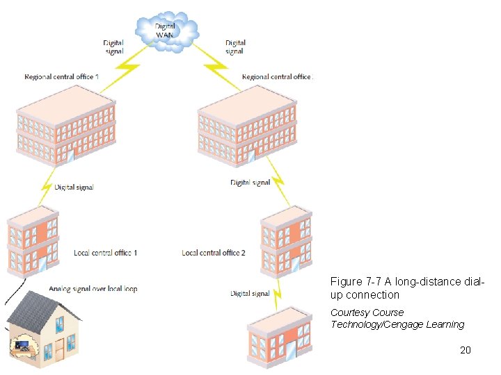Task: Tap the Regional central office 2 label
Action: click(276, 77)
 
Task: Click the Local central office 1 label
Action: click(105, 253)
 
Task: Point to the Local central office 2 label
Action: click(214, 253)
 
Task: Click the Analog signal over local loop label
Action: click(93, 288)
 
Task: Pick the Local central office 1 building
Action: click(33, 240)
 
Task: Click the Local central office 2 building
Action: click(285, 240)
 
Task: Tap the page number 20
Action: click(466, 350)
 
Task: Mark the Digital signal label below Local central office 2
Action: click(250, 294)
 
